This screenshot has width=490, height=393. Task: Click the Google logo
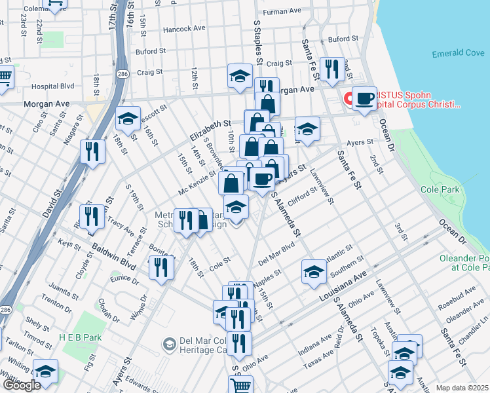point(21,385)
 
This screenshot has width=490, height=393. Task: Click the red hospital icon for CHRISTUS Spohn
point(349,99)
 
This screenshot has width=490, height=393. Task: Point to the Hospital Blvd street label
point(52,86)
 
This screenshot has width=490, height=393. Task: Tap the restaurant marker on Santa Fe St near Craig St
point(332,68)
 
